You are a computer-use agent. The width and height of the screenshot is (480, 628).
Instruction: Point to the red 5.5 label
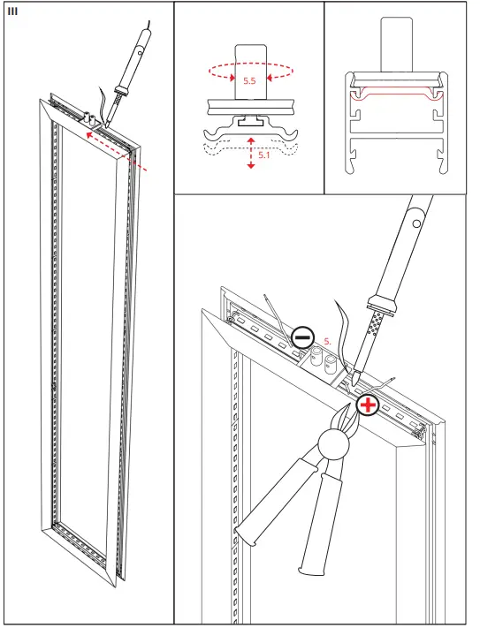point(250,80)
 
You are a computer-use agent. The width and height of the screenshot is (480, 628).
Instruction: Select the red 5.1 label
point(264,155)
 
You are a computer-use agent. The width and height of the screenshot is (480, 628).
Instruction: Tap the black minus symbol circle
point(302,337)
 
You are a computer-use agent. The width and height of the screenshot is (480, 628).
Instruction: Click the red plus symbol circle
point(367,406)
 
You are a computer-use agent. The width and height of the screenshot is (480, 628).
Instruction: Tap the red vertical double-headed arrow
point(251,153)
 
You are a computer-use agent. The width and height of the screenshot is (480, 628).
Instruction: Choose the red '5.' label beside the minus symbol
point(326,339)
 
